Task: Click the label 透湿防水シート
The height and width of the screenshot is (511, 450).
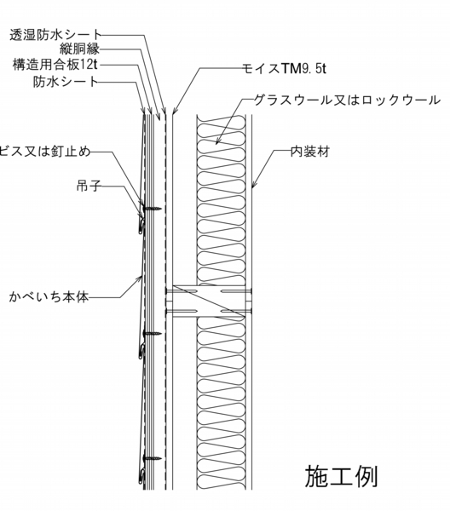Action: pos(55,35)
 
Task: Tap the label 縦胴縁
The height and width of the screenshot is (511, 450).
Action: pos(79,49)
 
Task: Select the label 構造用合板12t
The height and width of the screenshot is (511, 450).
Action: pos(55,65)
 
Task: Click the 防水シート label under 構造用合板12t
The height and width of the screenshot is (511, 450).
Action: pos(66,81)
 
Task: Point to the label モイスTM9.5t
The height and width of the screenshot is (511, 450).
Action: pos(284,68)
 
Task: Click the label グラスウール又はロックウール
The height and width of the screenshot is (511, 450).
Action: pos(347,100)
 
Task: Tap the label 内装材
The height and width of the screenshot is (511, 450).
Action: pos(310,152)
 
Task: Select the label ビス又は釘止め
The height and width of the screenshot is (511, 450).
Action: pos(45,152)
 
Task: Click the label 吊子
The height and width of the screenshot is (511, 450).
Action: pos(89,186)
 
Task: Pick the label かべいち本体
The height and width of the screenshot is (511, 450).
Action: pos(49,297)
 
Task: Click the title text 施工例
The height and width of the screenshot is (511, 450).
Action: pos(341,476)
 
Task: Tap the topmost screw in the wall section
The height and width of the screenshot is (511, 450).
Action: pos(153,208)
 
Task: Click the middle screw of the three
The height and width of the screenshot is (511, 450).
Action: pos(153,333)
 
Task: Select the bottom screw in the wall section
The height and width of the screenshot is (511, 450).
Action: pos(153,458)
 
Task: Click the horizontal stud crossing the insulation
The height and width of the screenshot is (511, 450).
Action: pos(209,301)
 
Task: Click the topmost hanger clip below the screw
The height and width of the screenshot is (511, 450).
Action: pos(141,225)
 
